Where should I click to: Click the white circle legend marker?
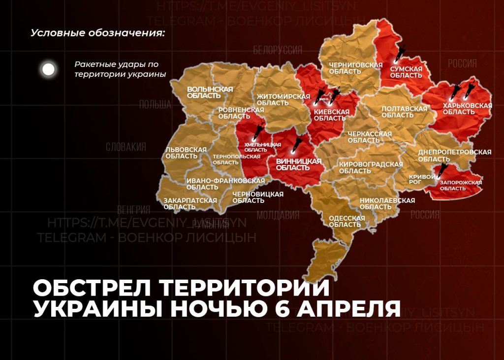tap(48, 69)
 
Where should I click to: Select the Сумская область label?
tap(406, 72)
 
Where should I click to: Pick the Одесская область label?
tap(346, 221)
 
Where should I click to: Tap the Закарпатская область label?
tap(190, 203)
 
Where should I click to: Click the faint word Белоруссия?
tap(278, 51)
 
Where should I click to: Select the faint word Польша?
tap(155, 104)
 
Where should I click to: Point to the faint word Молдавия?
tap(278, 215)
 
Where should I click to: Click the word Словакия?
tap(126, 147)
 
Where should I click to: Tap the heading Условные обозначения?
tap(97, 33)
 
